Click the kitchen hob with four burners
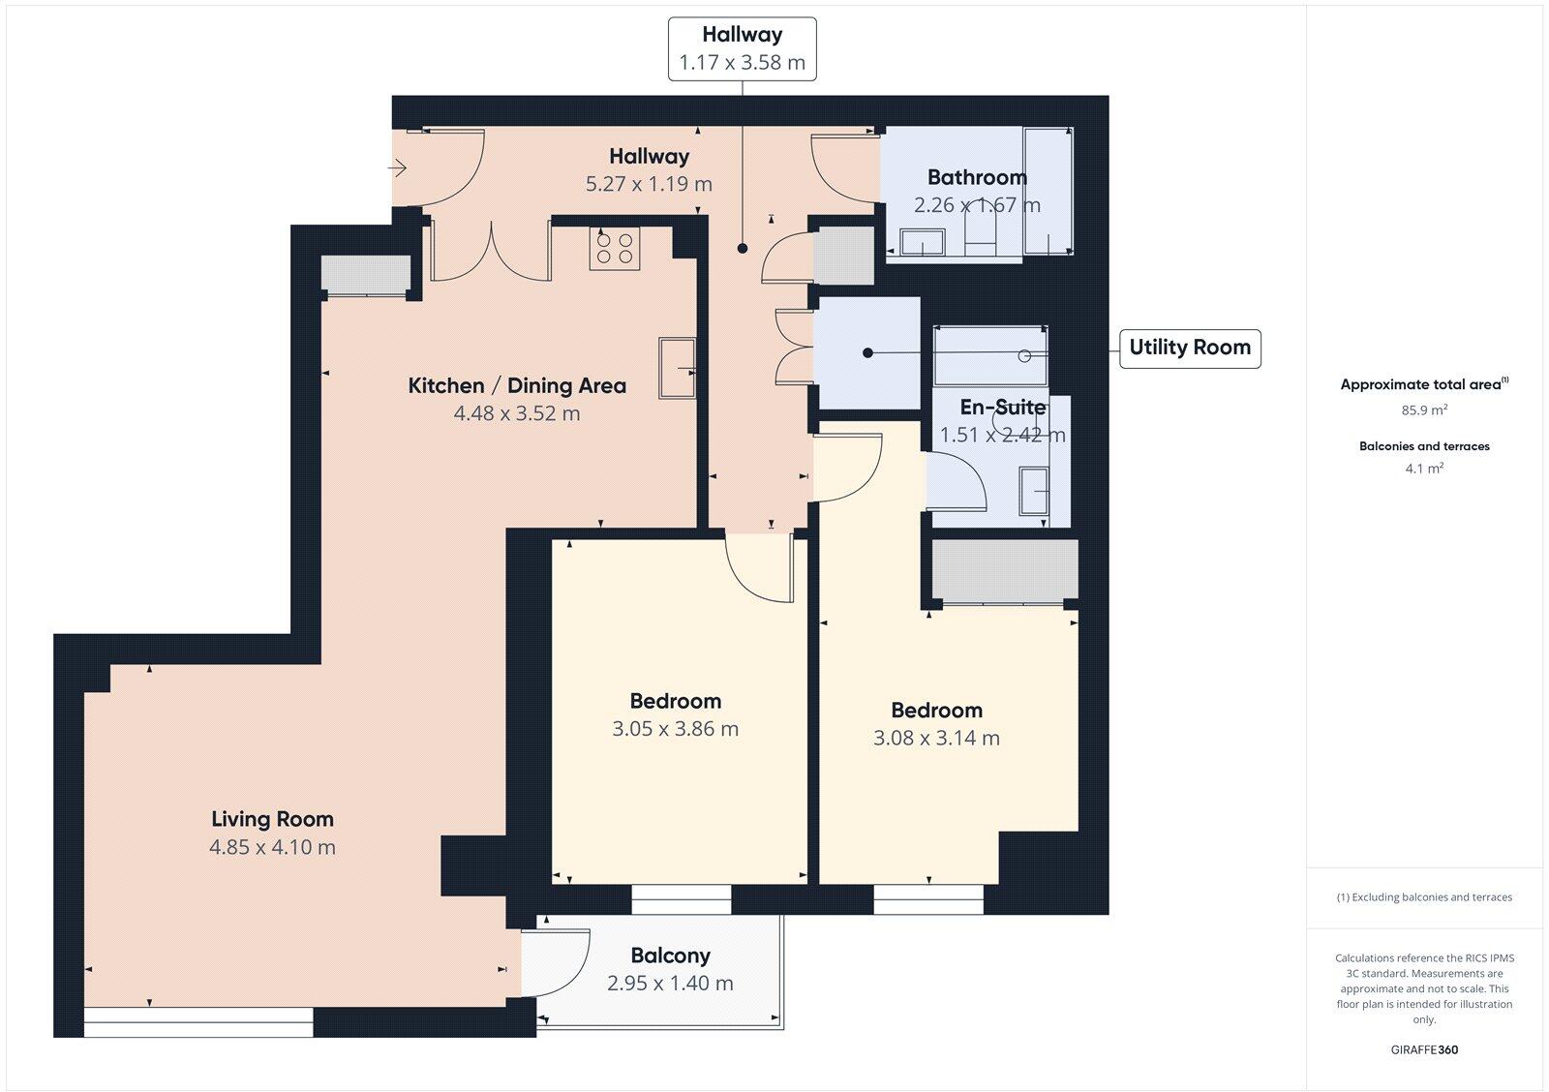point(615,249)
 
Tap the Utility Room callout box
point(1190,348)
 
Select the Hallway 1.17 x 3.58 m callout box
point(742,48)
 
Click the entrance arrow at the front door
point(398,169)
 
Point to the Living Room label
point(272,819)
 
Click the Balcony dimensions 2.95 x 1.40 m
point(670,984)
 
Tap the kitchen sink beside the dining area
point(677,367)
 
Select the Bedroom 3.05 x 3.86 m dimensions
point(675,729)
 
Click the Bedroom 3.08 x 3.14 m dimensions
point(936,738)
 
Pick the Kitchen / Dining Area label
point(517,385)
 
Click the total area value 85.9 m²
point(1424,410)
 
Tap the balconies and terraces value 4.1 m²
point(1424,469)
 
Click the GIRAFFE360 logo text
point(1424,1049)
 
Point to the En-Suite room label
point(1002,407)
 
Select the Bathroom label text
point(977,177)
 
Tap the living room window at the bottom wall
point(198,1022)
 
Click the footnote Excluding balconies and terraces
point(1424,897)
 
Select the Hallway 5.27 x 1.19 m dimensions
point(649,184)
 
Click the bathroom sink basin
point(923,242)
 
